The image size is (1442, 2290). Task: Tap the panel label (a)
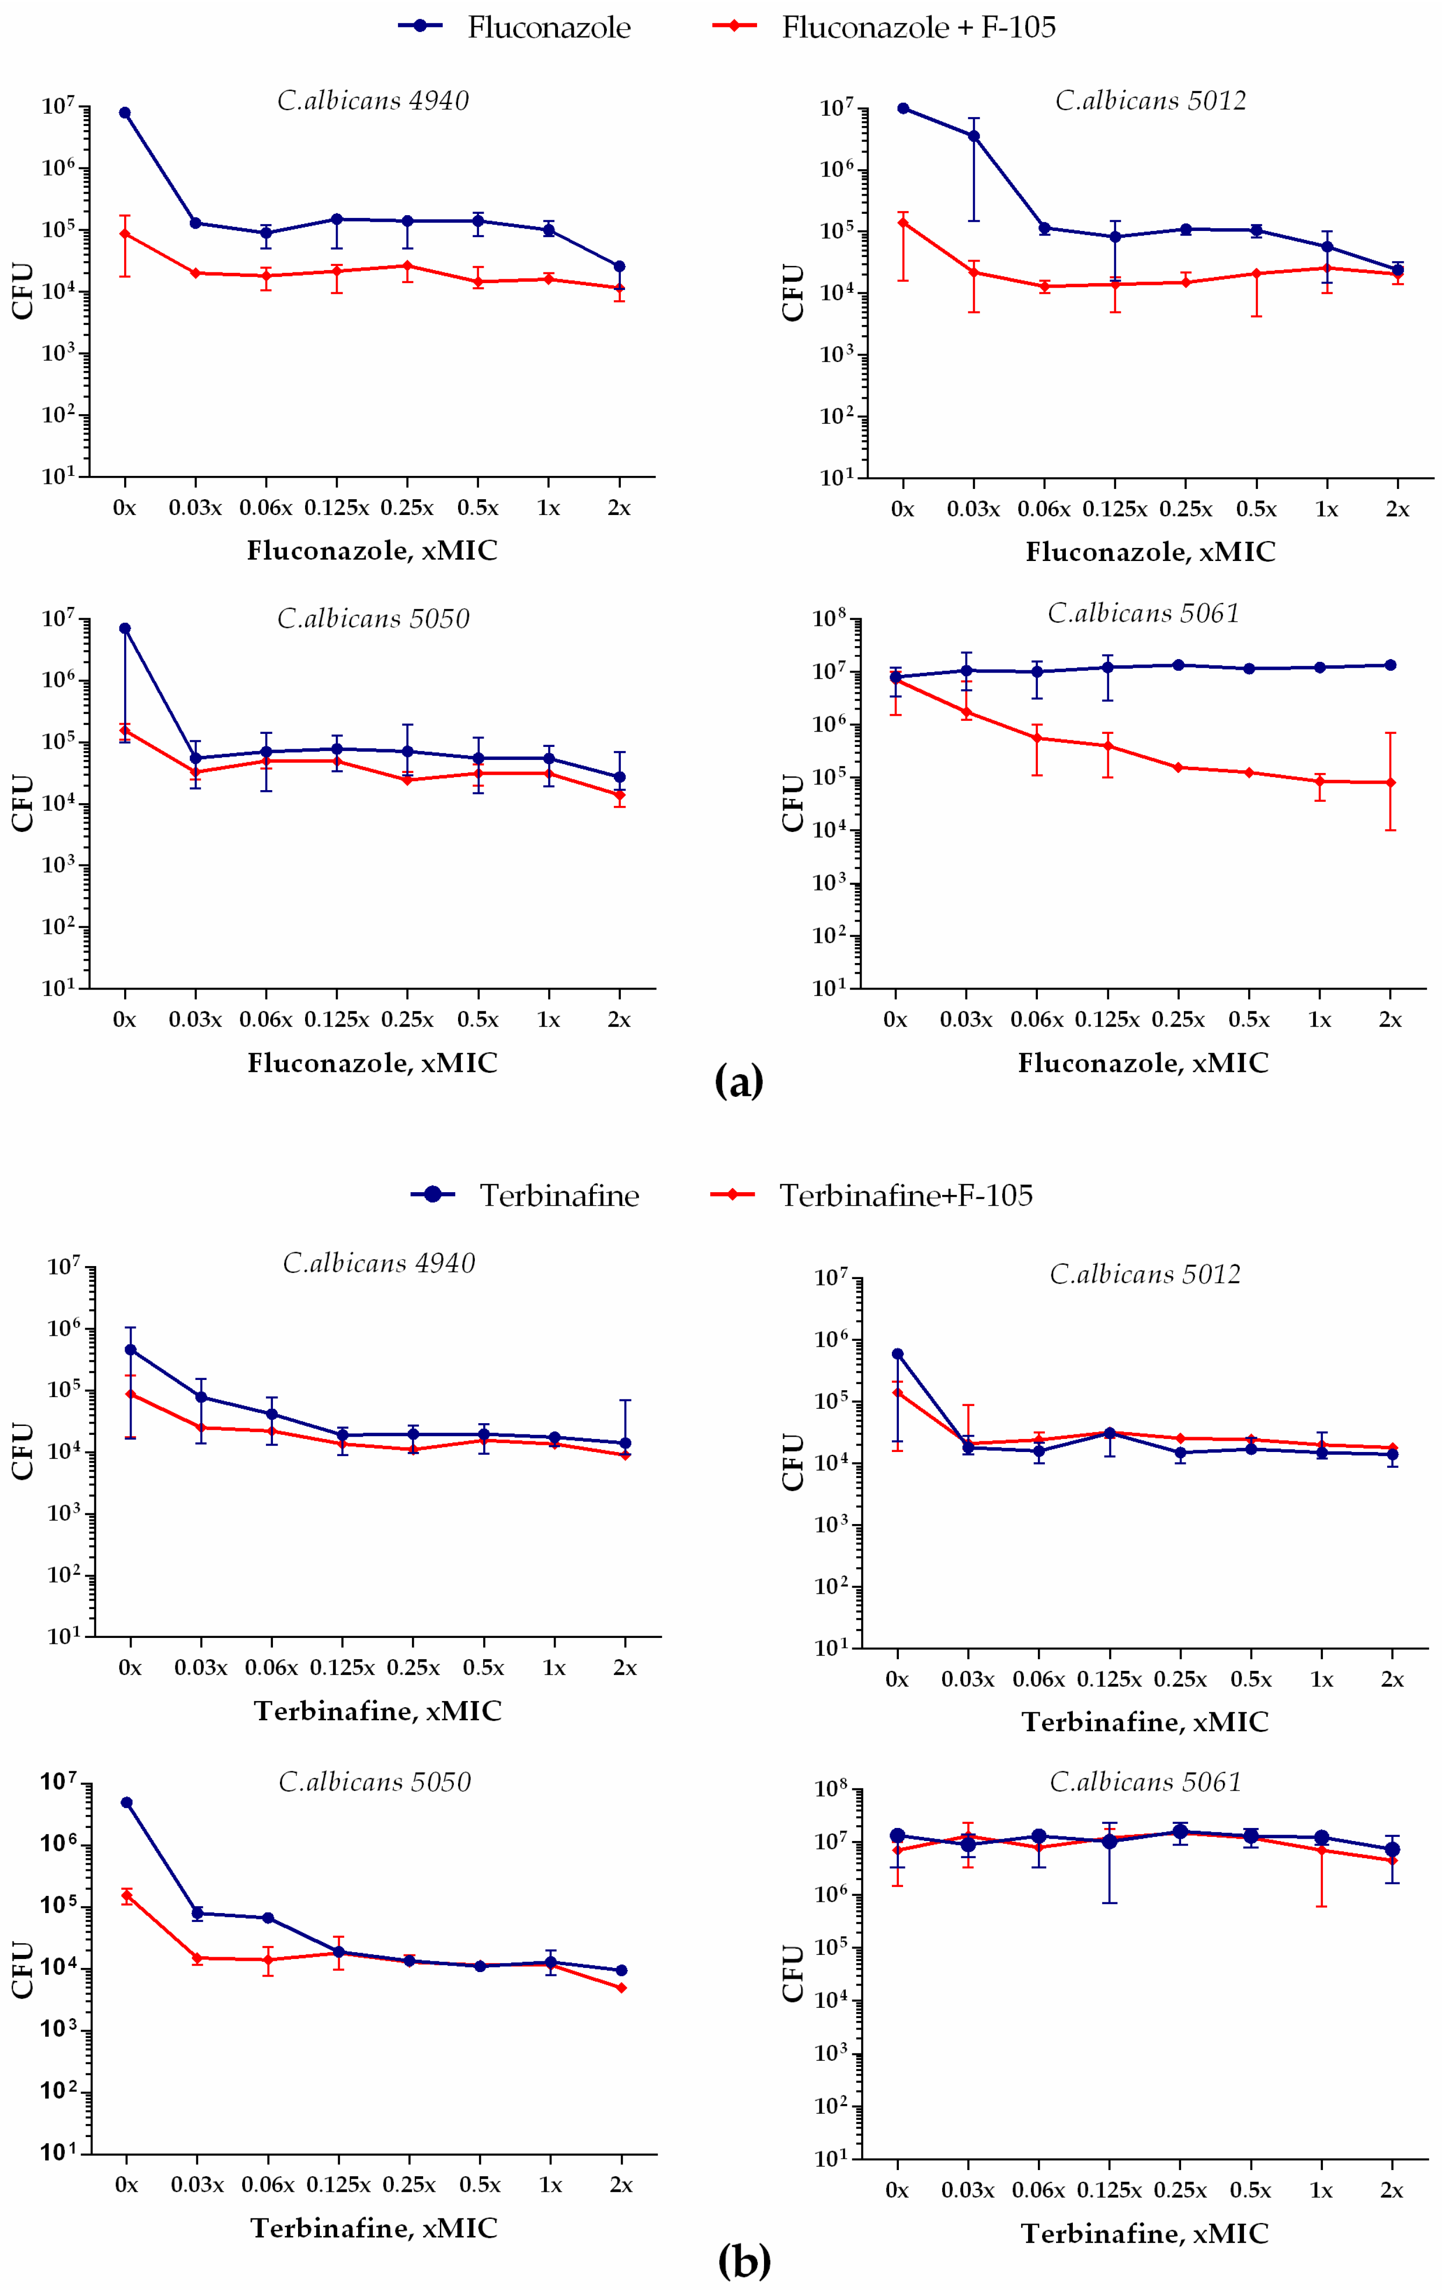point(738,1081)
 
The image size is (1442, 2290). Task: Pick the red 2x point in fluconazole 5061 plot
point(1391,783)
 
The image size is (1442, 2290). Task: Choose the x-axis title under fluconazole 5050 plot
point(373,1063)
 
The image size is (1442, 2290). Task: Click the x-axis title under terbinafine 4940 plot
point(378,1711)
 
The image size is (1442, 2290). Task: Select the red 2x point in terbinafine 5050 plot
point(621,1987)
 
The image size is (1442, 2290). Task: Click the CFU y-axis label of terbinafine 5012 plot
point(793,1462)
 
